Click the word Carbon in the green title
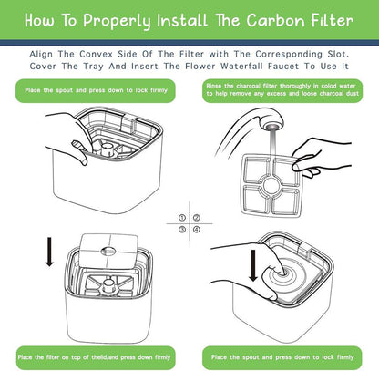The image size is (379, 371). pos(275,21)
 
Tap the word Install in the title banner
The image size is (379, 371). pos(182,21)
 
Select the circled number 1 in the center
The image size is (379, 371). pos(182,218)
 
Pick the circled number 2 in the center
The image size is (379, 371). pos(197,218)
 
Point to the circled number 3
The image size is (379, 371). pos(182,229)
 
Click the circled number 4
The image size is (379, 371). pos(197,229)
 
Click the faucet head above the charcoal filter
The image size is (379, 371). pos(272,122)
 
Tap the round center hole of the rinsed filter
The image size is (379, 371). pos(271,186)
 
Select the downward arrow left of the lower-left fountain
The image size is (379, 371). pos(49,252)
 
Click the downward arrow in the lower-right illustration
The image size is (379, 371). pos(252,265)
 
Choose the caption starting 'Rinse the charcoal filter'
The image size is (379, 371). pos(282,90)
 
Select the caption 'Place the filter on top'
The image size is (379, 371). pos(94,357)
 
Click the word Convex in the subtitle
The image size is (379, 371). pos(96,54)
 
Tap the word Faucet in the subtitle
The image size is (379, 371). pos(283,66)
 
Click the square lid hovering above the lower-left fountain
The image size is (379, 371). pos(108,251)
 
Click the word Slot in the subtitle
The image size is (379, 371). pos(338,54)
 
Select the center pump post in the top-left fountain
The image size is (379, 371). pos(107,149)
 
